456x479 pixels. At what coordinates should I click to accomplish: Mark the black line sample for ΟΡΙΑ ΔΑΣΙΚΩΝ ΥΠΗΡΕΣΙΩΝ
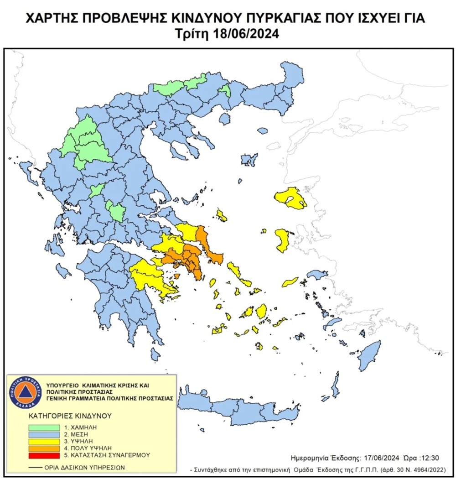pos(34,467)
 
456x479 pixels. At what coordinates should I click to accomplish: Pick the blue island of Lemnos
pos(249,160)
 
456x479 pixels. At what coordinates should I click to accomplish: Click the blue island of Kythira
pos(155,353)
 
